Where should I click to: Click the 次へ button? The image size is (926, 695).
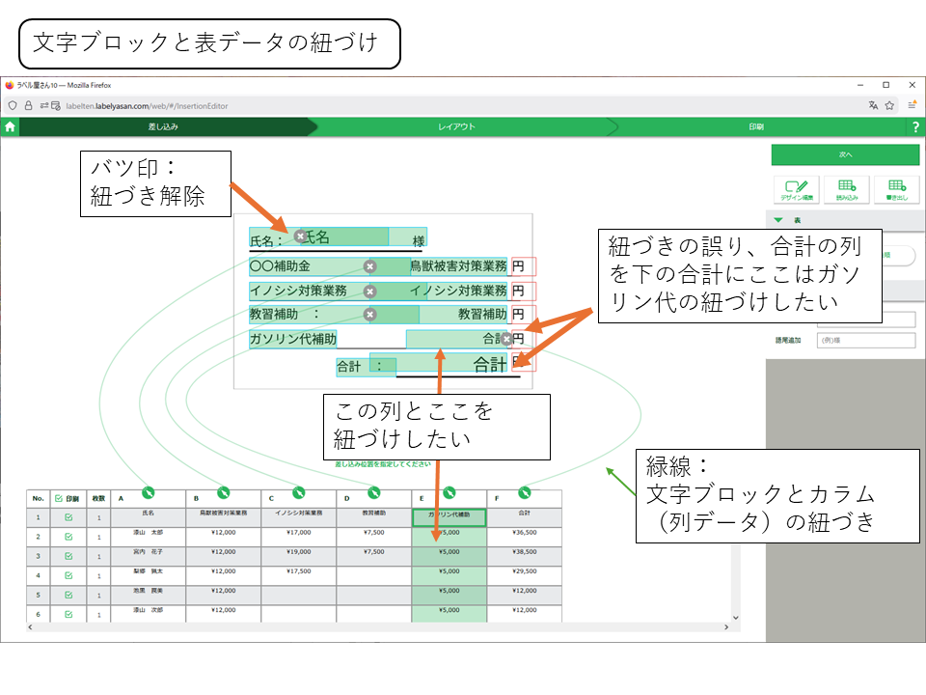(845, 154)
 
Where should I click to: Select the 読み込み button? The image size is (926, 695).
(846, 189)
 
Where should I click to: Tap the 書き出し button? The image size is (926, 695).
(896, 189)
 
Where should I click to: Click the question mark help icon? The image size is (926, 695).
(915, 126)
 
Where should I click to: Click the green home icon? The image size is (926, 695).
(10, 126)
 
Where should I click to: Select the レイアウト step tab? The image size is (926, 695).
(456, 126)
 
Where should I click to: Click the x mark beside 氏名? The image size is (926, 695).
(300, 236)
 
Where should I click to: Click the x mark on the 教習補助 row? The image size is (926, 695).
(369, 314)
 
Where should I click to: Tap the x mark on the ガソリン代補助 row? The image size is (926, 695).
(506, 339)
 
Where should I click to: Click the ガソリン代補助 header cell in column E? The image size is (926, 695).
(449, 515)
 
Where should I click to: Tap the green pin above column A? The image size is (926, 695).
(148, 492)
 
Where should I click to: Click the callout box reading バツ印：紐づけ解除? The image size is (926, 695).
(154, 181)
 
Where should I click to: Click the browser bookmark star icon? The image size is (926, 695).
(889, 105)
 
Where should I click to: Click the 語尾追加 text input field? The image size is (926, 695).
(864, 340)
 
